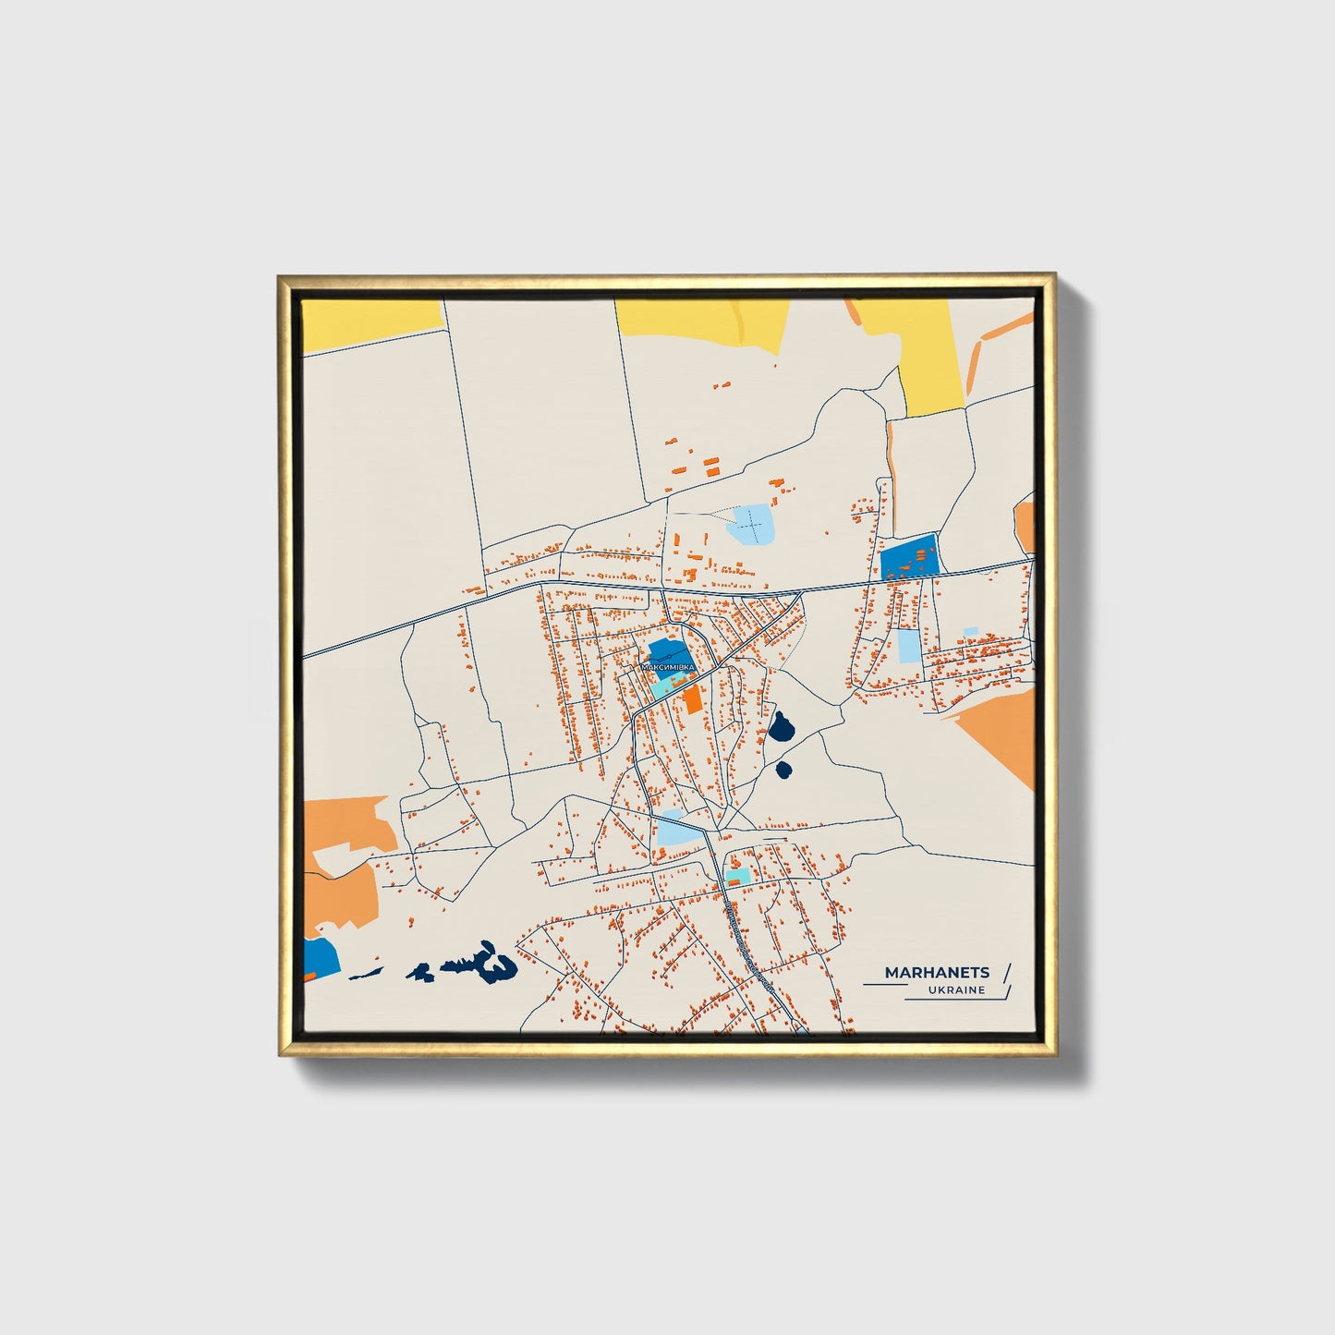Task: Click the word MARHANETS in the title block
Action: [937, 972]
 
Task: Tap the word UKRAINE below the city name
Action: [958, 990]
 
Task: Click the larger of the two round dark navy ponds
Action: [781, 729]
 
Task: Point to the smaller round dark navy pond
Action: [784, 769]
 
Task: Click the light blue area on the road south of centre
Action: [676, 830]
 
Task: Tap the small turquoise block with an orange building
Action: [738, 875]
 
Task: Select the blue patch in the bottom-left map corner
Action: [320, 959]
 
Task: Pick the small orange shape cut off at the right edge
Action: [1025, 525]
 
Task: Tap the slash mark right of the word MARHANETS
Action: [1006, 972]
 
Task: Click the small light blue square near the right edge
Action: [970, 633]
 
